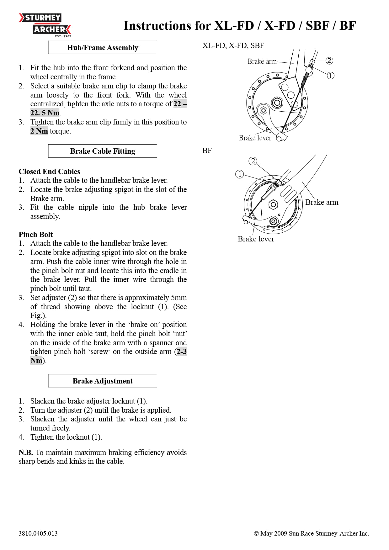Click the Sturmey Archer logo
click(45, 24)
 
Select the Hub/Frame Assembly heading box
click(102, 48)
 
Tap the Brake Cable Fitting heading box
click(102, 151)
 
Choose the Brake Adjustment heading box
click(102, 381)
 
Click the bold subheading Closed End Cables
click(49, 172)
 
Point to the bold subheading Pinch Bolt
click(35, 235)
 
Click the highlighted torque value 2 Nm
click(39, 131)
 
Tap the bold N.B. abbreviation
click(25, 452)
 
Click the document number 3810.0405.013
click(38, 533)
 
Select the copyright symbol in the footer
click(256, 534)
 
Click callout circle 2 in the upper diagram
click(329, 61)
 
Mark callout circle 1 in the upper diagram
click(330, 76)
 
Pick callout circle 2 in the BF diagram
click(253, 161)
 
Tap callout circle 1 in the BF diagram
click(239, 174)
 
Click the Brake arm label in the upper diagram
click(262, 61)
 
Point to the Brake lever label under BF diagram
click(256, 239)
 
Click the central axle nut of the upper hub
click(277, 103)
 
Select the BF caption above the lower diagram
click(207, 151)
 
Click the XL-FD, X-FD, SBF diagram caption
click(233, 45)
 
